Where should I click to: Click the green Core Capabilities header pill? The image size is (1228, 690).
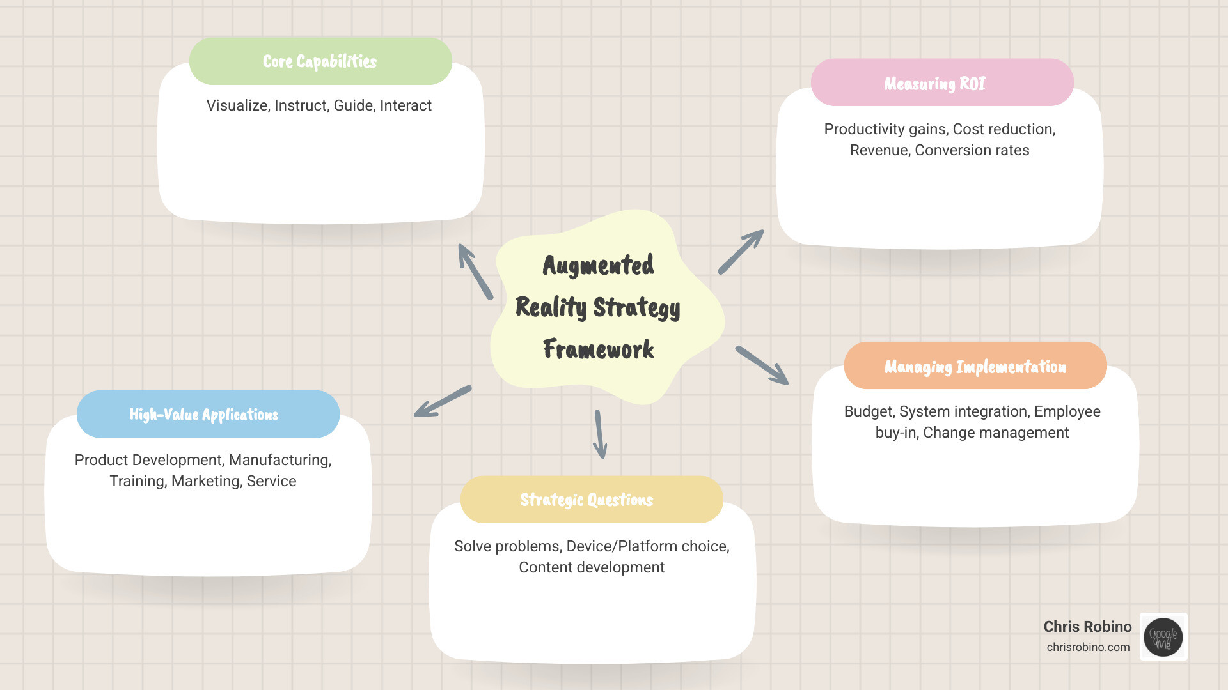click(x=320, y=61)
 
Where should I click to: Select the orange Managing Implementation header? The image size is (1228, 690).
click(x=975, y=366)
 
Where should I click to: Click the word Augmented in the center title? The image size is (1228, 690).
click(x=598, y=265)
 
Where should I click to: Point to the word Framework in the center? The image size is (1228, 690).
click(x=598, y=349)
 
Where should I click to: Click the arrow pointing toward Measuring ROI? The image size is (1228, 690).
click(x=741, y=252)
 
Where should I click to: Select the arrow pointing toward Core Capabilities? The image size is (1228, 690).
click(x=475, y=272)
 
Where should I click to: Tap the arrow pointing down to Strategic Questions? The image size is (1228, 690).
click(x=599, y=434)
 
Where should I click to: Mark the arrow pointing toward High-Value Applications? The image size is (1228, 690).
click(x=443, y=401)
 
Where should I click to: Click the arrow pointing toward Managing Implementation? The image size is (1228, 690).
click(x=762, y=365)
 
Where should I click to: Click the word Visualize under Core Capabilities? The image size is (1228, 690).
click(x=237, y=105)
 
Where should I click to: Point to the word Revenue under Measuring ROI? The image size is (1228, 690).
click(x=879, y=150)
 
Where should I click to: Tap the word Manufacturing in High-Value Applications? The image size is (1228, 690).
click(x=279, y=460)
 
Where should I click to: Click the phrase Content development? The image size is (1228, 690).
click(x=591, y=567)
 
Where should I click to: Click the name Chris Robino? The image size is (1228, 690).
click(x=1087, y=627)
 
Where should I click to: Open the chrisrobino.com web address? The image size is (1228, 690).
click(x=1088, y=647)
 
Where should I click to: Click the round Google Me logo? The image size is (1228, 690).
click(x=1163, y=637)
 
